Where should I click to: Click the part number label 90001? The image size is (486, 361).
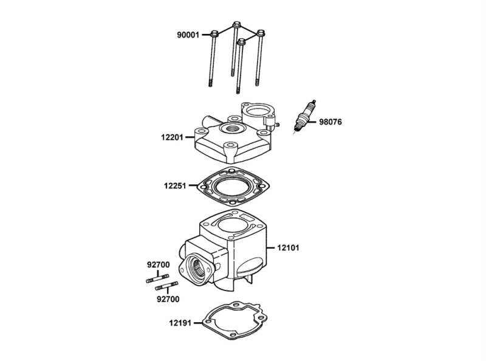(188, 35)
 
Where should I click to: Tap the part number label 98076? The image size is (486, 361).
(330, 122)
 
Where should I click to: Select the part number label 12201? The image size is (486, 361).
(172, 137)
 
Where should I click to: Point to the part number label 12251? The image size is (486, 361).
(175, 186)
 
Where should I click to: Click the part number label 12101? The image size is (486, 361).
(288, 248)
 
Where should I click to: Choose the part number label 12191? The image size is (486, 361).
(180, 323)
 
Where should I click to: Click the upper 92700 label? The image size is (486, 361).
(159, 265)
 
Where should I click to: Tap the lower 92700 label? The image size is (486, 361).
(168, 299)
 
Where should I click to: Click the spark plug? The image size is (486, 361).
(305, 115)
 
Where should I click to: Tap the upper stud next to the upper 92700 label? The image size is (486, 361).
(157, 278)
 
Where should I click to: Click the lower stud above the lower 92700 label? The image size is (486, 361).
(166, 286)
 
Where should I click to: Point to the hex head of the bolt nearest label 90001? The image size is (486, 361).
(214, 33)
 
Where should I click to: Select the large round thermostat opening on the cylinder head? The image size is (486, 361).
(258, 111)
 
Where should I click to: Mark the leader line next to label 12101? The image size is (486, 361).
(270, 248)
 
